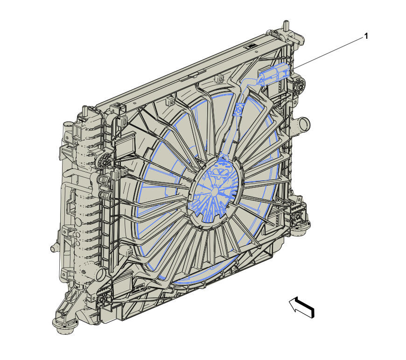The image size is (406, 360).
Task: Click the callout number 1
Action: tap(366, 36)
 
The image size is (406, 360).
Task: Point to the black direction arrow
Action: tap(302, 307)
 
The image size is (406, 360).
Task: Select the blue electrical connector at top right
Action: tap(274, 73)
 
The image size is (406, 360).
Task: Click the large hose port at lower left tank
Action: tap(100, 274)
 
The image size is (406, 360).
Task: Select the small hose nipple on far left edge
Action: tap(54, 248)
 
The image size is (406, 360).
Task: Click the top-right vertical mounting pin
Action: tap(286, 25)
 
